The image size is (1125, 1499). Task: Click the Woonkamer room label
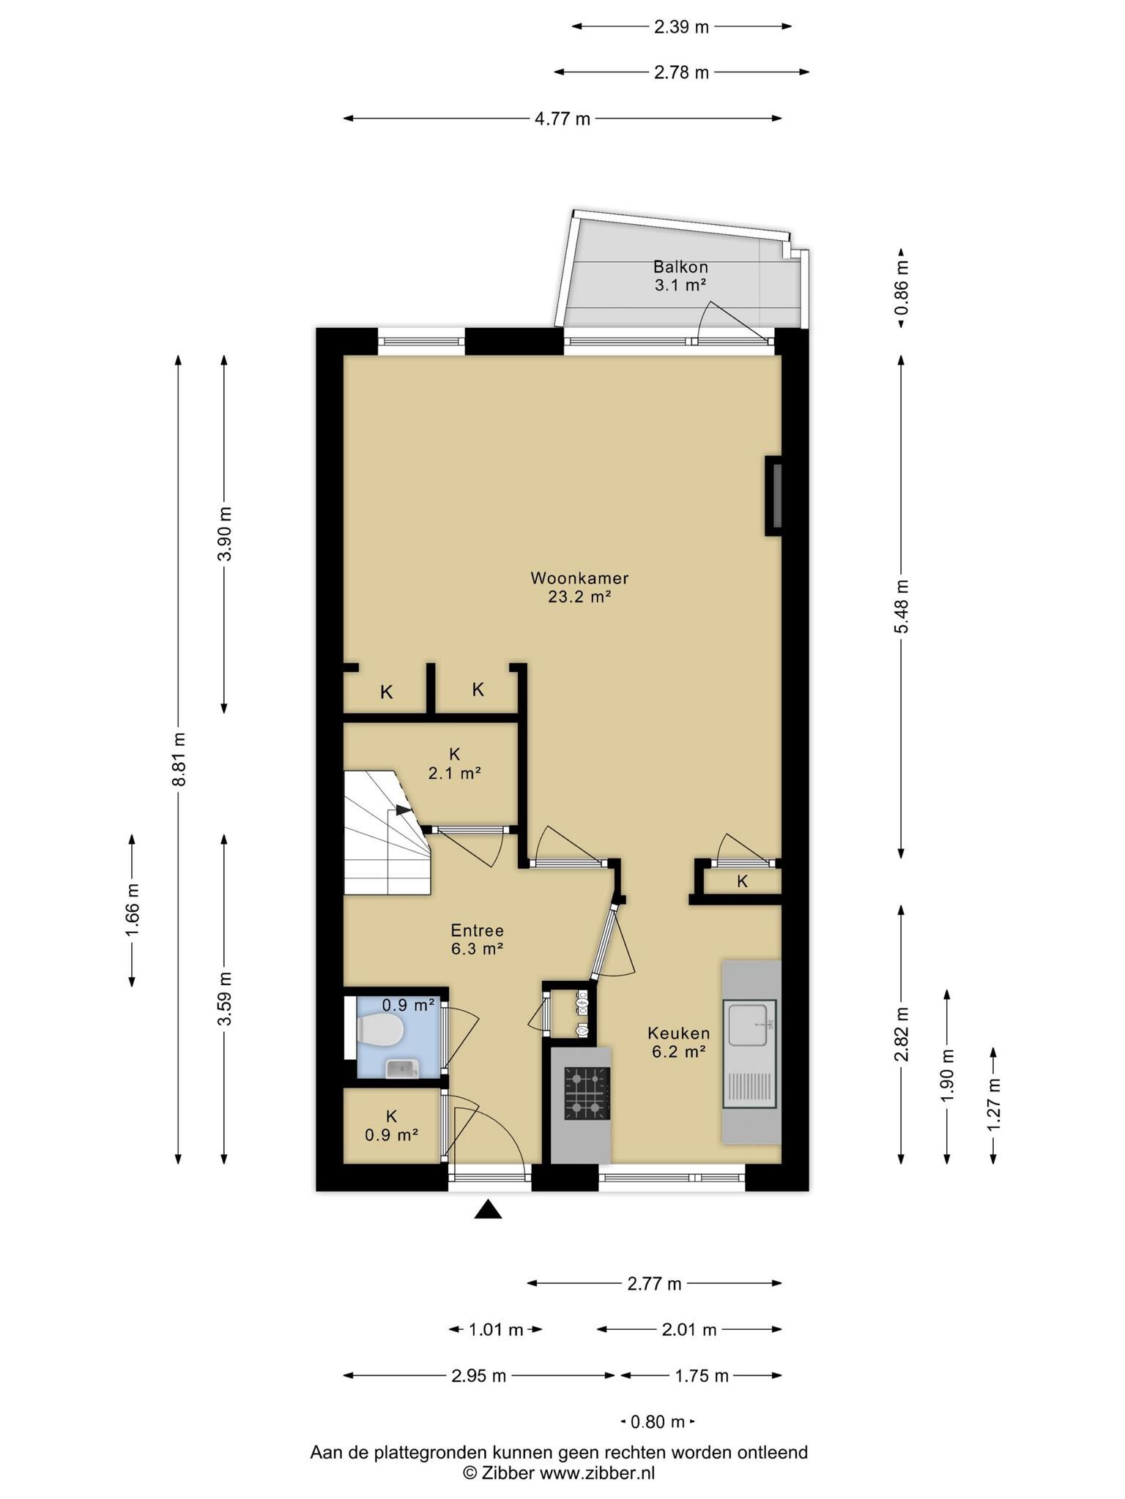pos(579,578)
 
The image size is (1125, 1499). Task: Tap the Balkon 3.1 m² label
pos(680,276)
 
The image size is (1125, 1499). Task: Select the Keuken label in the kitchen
pos(678,1033)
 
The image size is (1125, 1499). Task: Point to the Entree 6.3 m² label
pos(477,940)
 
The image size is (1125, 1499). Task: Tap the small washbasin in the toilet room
pos(402,1069)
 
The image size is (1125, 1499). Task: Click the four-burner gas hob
pos(587,1094)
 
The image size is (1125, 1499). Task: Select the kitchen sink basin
pos(750,1028)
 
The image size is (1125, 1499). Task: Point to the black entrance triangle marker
pos(488,1210)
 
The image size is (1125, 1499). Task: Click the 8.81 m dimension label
pos(179,758)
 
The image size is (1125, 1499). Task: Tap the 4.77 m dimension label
pos(562,119)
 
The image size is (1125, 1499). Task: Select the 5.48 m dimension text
pos(902,607)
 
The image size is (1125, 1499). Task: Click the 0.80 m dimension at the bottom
pos(658,1422)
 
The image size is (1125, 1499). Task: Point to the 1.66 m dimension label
pos(133,911)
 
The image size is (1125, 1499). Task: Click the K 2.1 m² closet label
pos(454,763)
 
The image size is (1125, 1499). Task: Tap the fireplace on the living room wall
pos(773,496)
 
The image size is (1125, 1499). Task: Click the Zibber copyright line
pos(559,1473)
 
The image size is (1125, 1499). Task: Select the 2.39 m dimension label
pos(681,27)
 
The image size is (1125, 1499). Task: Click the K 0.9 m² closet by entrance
pos(391,1126)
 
